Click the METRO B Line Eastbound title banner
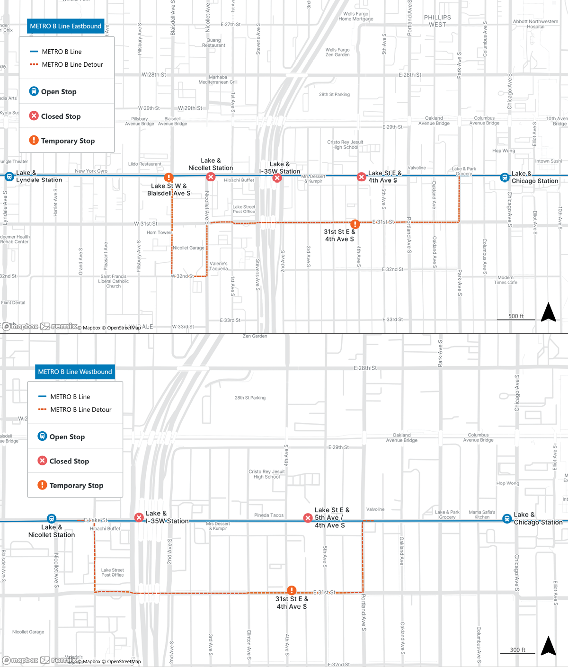[x=65, y=27]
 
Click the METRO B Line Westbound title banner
[x=75, y=372]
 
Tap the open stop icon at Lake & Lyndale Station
[x=9, y=177]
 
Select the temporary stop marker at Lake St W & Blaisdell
[x=169, y=178]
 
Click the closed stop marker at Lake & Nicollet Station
[x=211, y=177]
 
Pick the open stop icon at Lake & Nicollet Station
[x=52, y=519]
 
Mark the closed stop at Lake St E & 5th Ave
[x=308, y=518]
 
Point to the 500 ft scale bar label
[x=516, y=316]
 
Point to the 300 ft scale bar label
[x=517, y=650]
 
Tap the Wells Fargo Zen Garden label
[x=337, y=52]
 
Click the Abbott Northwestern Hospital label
[x=535, y=24]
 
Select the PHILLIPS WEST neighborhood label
[x=437, y=21]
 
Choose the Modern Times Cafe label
[x=506, y=280]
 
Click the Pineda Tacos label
[x=269, y=515]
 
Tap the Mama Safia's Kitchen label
[x=482, y=515]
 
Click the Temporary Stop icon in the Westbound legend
[x=42, y=485]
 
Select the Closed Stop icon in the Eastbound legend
[x=34, y=116]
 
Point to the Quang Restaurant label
[x=213, y=43]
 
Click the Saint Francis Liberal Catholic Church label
[x=113, y=281]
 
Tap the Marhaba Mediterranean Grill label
[x=218, y=80]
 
